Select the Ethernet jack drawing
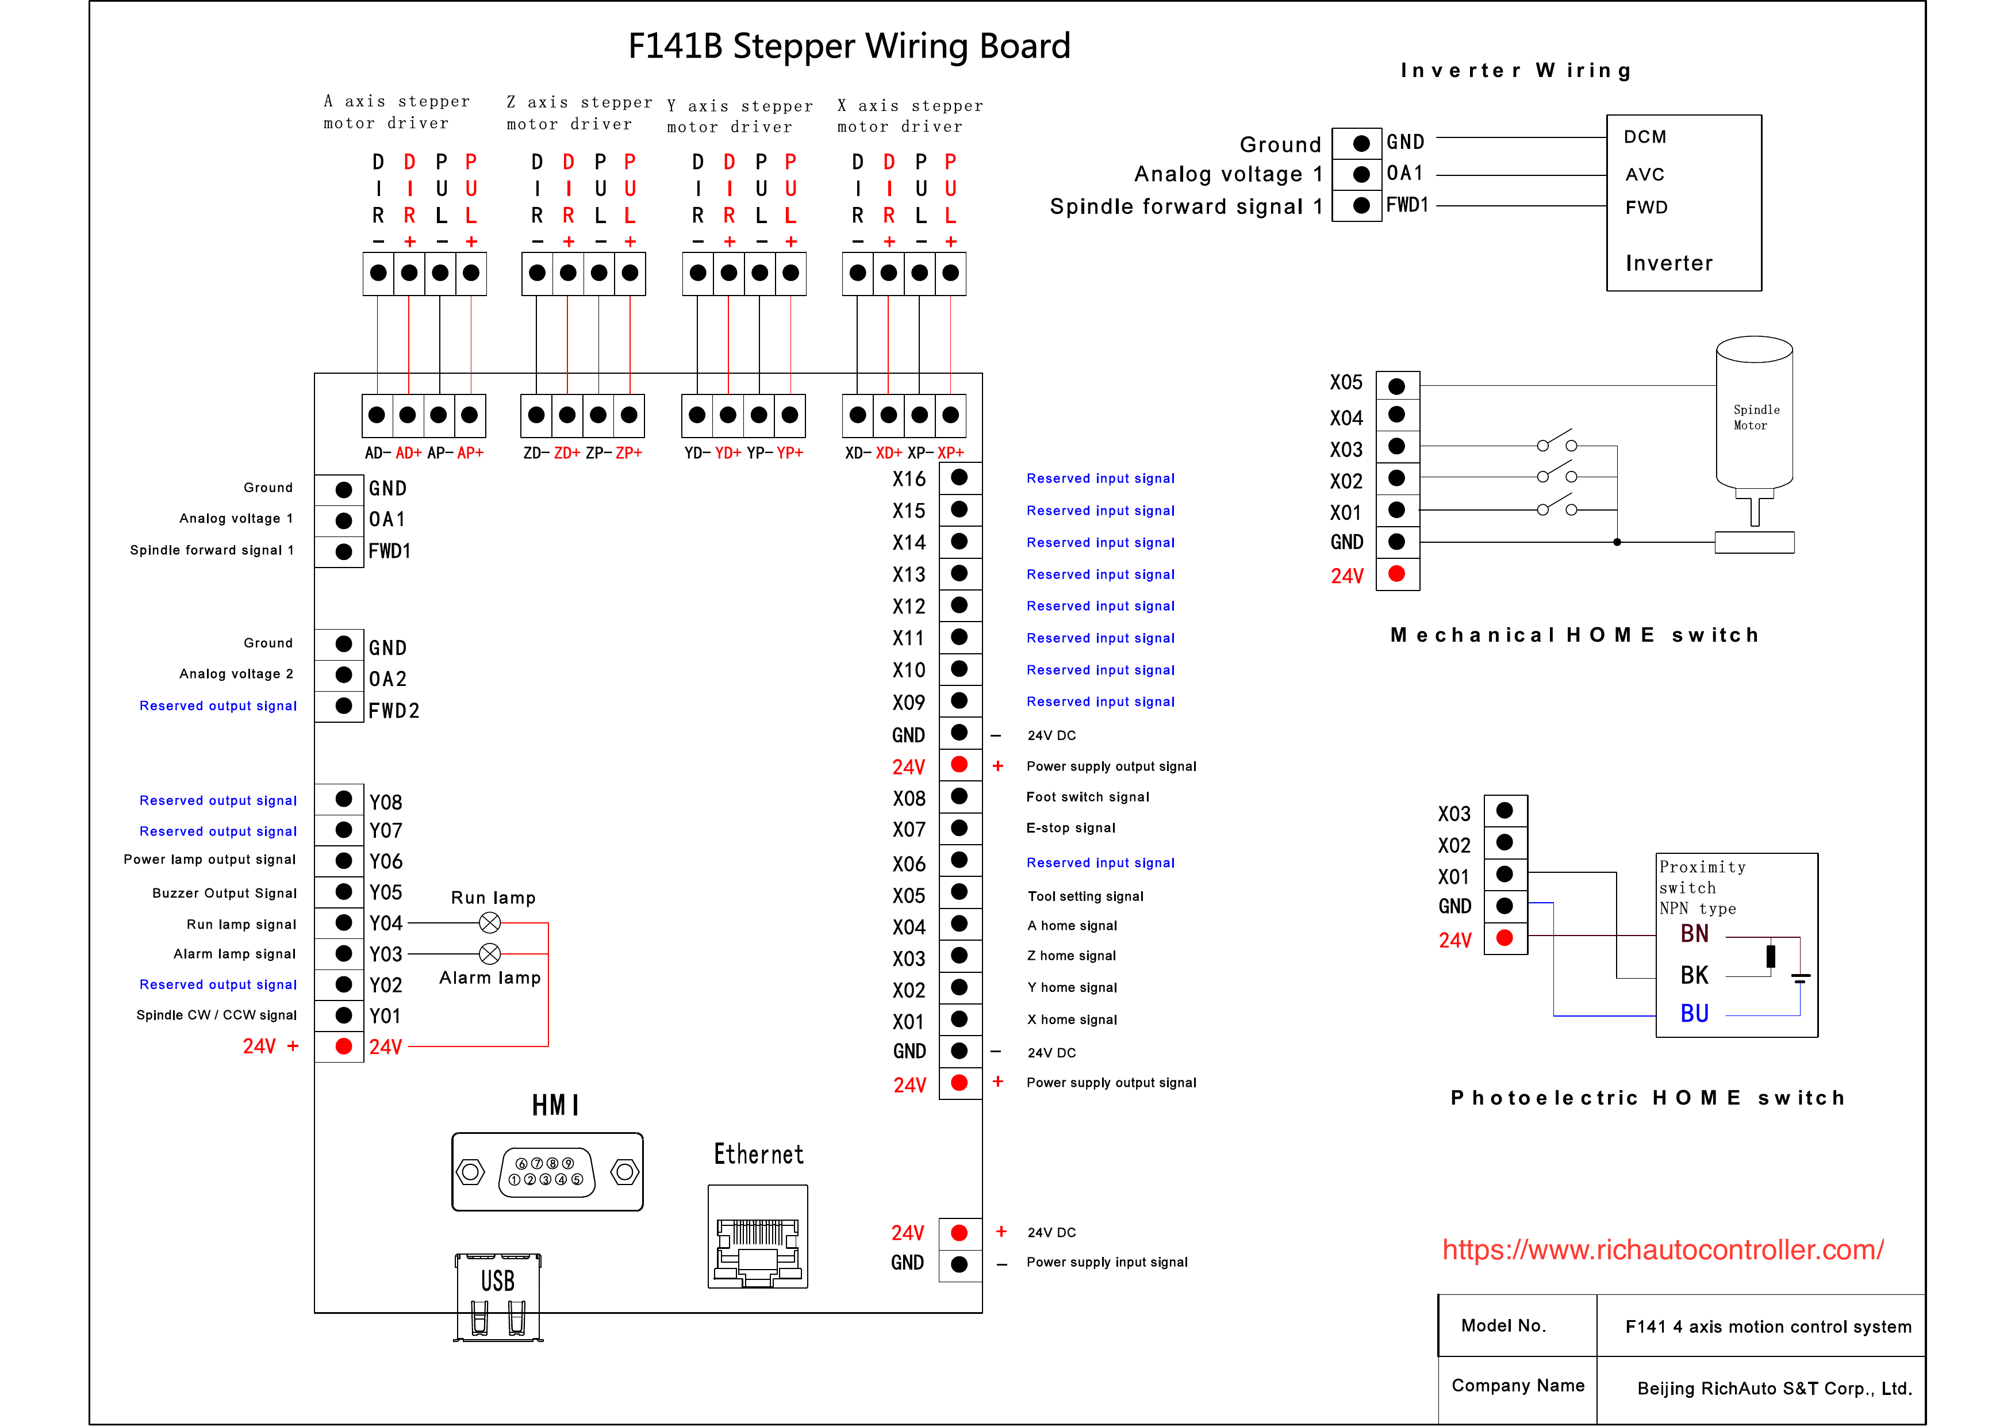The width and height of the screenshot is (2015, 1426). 758,1236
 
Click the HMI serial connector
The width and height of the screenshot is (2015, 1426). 547,1171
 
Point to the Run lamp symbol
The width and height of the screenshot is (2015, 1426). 490,923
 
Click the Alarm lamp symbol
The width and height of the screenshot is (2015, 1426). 490,953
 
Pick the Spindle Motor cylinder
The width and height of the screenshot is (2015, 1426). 1753,413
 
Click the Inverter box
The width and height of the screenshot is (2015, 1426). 1683,203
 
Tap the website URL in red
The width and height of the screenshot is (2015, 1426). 1663,1249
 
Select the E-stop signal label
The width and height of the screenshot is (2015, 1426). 1070,828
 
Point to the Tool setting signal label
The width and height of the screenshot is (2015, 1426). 1085,896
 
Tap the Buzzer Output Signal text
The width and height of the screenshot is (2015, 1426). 225,893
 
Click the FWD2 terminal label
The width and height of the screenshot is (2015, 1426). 393,710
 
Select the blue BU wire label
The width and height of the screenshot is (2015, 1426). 1695,1013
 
